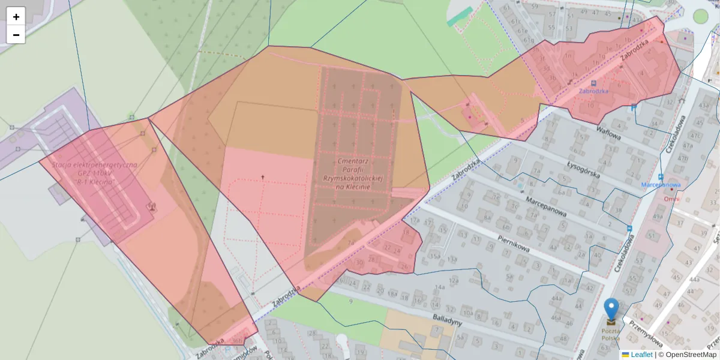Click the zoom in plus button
point(16,17)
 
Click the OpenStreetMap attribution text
point(691,355)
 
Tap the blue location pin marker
point(611,310)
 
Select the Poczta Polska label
point(611,334)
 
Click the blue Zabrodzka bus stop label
point(593,91)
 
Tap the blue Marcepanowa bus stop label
point(660,185)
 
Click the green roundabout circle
point(700,16)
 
